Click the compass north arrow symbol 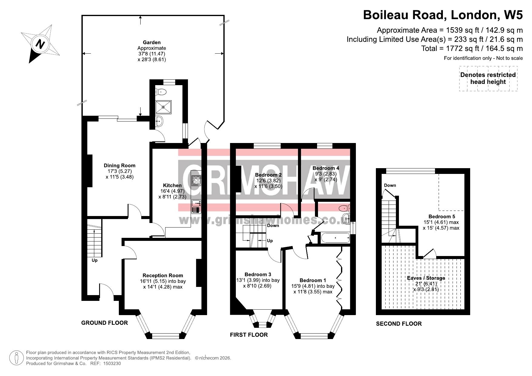tap(41, 44)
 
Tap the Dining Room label tap(119, 165)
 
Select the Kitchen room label tap(172, 185)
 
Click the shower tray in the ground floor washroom tap(163, 107)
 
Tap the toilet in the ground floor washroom tap(161, 92)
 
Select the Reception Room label tap(163, 275)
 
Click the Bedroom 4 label tap(326, 168)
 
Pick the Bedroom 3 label tap(258, 275)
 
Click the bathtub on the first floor tap(335, 238)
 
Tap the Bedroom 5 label tap(442, 217)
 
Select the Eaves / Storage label tap(426, 278)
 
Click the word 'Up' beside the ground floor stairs tap(95, 260)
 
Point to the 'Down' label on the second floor tap(390, 185)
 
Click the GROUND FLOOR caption tap(105, 323)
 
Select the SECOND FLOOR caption tap(399, 324)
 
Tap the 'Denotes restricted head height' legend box tap(488, 78)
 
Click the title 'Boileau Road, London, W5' tap(443, 15)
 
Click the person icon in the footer tap(17, 358)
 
